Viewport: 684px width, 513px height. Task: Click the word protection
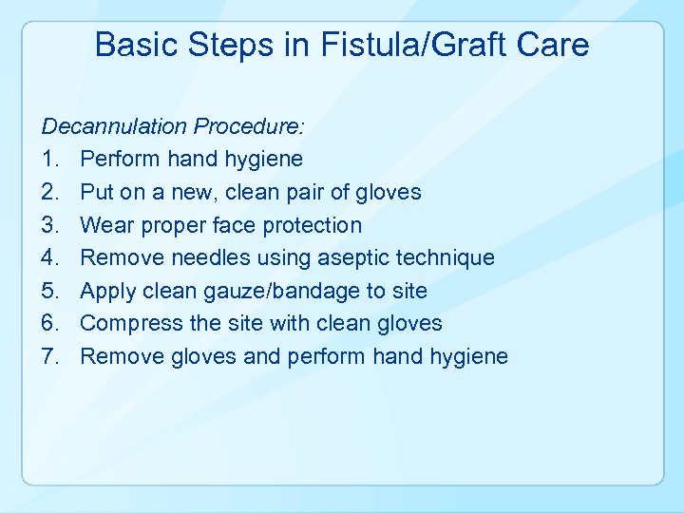click(x=309, y=225)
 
